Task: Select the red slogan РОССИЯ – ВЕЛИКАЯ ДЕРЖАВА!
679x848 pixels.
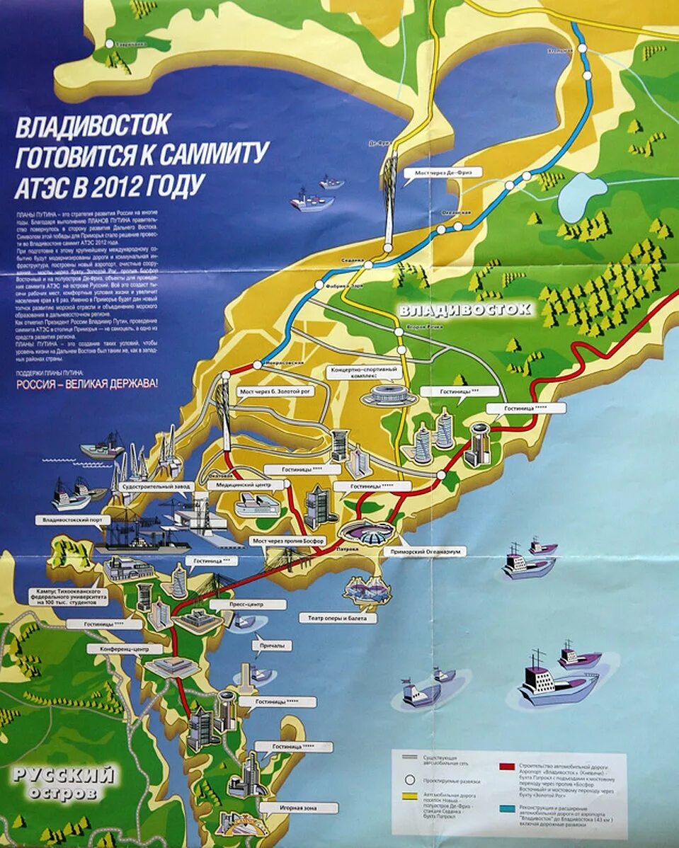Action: coord(87,386)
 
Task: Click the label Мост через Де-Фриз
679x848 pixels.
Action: coord(443,172)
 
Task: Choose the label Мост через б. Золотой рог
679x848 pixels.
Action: coord(283,390)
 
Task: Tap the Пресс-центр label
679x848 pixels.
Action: coord(248,605)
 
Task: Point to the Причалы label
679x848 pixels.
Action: coord(271,646)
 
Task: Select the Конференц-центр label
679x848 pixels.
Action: coord(125,648)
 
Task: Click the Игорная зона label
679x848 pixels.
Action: coord(297,808)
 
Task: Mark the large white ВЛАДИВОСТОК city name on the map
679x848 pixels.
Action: coord(464,309)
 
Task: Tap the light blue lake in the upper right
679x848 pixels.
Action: coord(581,195)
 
